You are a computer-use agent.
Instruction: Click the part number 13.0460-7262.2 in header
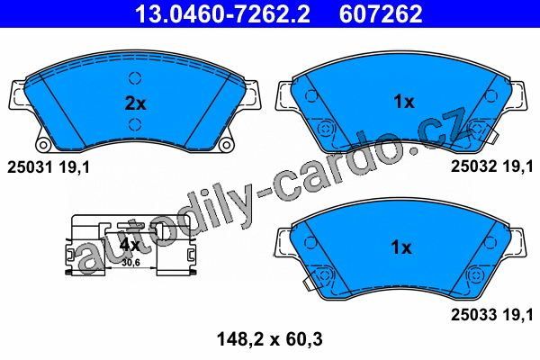click(222, 13)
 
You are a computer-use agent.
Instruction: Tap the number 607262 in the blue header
click(381, 13)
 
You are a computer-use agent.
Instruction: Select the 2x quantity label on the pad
click(135, 103)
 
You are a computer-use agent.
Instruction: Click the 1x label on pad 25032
click(404, 102)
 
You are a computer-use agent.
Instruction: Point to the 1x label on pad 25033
click(401, 247)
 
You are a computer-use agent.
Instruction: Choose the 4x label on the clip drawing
click(129, 245)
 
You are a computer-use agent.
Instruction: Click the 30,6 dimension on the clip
click(131, 263)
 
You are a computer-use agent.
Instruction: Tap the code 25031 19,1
click(49, 167)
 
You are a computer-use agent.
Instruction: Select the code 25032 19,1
click(492, 166)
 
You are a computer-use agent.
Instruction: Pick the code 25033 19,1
click(492, 314)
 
